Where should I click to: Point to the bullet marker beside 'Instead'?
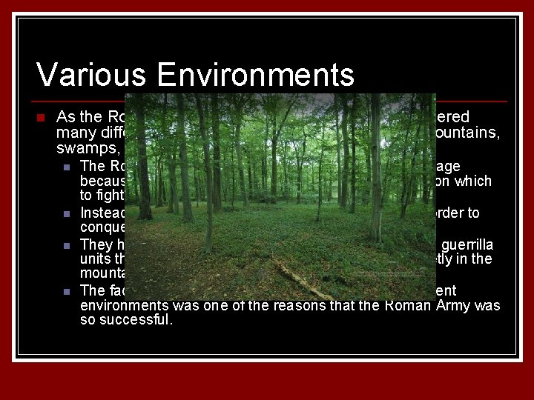[67, 215]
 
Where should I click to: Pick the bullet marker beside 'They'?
[67, 246]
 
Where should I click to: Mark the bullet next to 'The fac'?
[67, 291]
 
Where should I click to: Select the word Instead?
[100, 213]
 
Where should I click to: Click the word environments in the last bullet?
[125, 306]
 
